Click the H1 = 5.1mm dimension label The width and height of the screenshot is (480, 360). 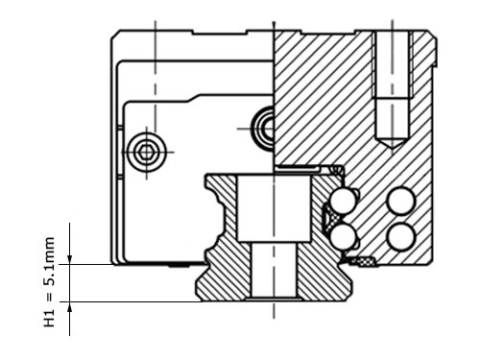coord(49,282)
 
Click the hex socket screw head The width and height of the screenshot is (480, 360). coord(147,152)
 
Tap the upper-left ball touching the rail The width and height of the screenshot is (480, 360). coord(344,202)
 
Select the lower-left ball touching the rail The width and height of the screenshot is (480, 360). coord(344,237)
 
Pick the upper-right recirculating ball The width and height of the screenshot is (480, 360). coord(401,202)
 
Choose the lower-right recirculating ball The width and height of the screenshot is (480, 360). coord(401,237)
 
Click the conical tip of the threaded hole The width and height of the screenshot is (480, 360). coord(393,141)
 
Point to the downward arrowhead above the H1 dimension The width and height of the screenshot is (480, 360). coord(70,259)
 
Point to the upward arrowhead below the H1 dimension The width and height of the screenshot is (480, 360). coord(70,306)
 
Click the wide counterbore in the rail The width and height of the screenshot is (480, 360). coord(274,208)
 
